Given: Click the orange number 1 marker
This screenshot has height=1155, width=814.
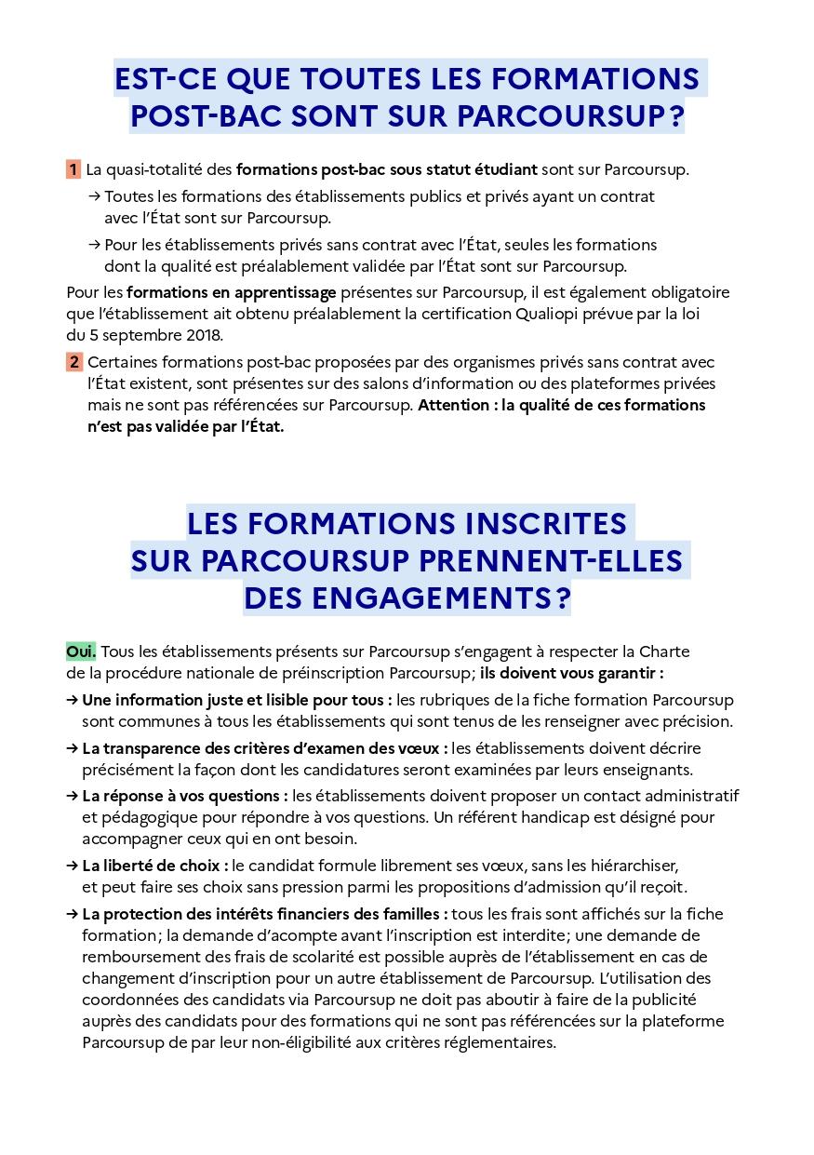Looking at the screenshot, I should pyautogui.click(x=73, y=169).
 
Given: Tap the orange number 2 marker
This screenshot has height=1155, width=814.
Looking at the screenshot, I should pyautogui.click(x=73, y=362).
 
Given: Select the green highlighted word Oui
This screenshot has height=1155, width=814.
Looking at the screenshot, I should pyautogui.click(x=81, y=651).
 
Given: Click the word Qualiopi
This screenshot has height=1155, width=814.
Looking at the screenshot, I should pyautogui.click(x=551, y=314).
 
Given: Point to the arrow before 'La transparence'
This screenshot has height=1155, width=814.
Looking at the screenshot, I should pyautogui.click(x=72, y=748).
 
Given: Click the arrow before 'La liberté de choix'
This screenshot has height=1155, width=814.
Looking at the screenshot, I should pyautogui.click(x=72, y=866).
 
